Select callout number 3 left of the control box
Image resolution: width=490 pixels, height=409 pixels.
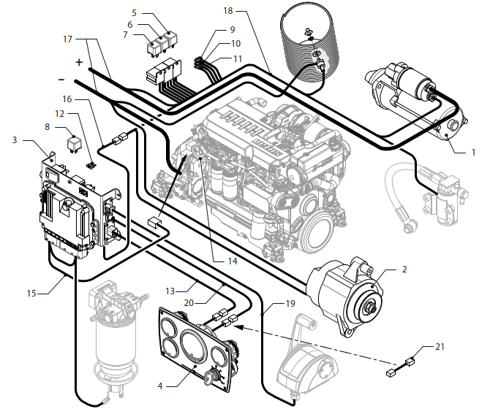pyautogui.click(x=15, y=139)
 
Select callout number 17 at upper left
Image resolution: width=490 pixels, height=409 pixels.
pyautogui.click(x=68, y=39)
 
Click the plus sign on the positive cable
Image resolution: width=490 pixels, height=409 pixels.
pyautogui.click(x=79, y=61)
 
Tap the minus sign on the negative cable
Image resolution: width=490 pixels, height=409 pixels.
pyautogui.click(x=61, y=78)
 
